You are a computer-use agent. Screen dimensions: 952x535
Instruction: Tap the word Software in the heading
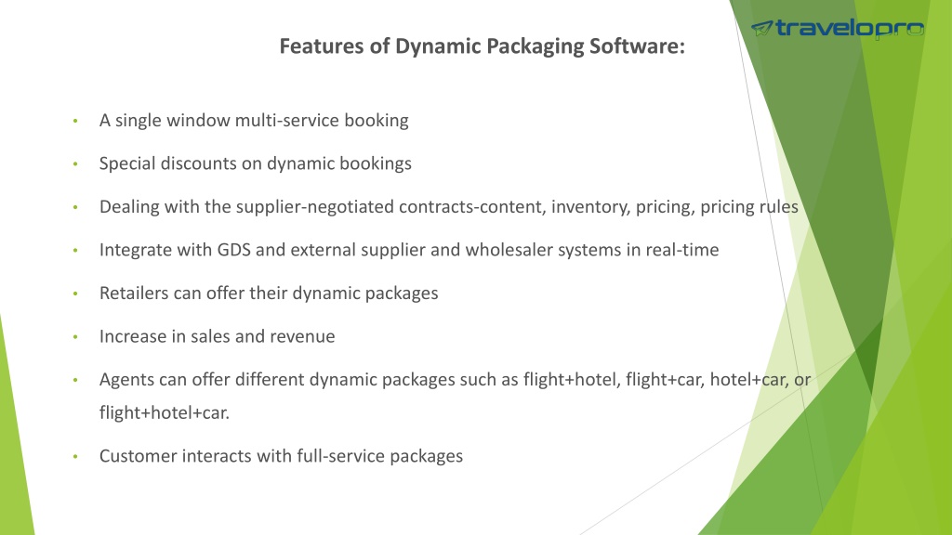point(637,46)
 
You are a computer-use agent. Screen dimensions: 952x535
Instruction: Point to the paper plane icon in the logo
point(762,28)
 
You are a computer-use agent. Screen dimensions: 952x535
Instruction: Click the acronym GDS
point(233,250)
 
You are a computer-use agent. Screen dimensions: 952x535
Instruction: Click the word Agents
point(126,380)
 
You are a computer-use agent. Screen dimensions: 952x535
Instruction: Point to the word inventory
point(590,207)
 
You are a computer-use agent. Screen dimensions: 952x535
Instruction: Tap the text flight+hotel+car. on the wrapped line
point(165,413)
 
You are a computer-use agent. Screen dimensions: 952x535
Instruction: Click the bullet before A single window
point(75,121)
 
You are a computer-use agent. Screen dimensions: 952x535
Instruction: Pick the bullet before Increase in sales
point(75,336)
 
